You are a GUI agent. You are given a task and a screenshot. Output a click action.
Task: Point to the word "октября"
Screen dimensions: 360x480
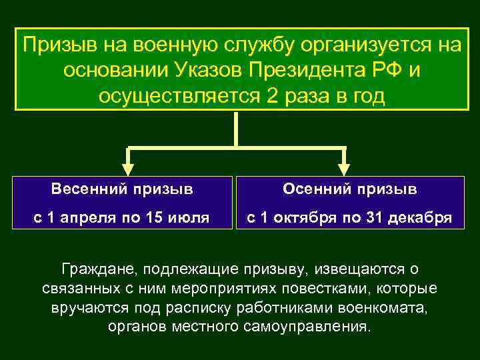coord(305,217)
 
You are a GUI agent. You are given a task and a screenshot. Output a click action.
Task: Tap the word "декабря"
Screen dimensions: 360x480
coord(419,217)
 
